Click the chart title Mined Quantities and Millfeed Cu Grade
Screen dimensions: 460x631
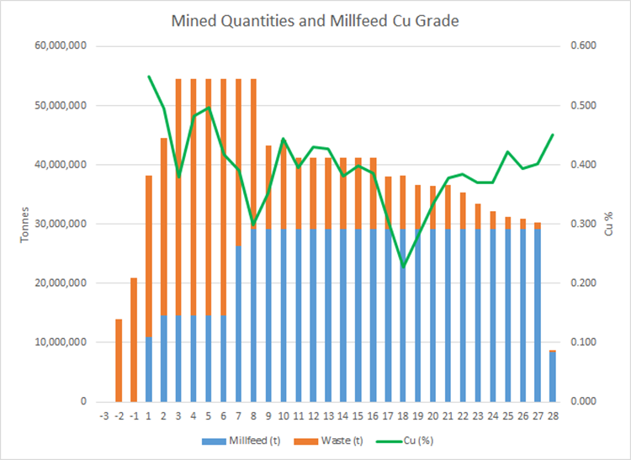(315, 20)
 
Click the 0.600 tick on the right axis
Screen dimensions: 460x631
(581, 46)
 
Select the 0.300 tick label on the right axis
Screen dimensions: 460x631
(581, 224)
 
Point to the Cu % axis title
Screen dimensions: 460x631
(608, 224)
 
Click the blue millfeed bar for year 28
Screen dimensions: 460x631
(552, 378)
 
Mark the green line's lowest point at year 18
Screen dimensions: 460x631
(402, 267)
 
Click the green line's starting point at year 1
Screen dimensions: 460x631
(149, 77)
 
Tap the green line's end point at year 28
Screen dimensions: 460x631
(552, 135)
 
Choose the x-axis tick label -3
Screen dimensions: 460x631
(103, 415)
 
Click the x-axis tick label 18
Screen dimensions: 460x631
(402, 415)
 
